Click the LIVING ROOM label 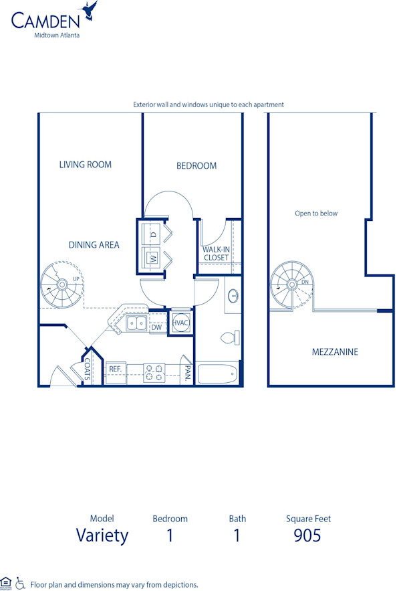[85, 165]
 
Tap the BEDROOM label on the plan [196, 166]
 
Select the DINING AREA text [94, 245]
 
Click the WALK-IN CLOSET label [216, 254]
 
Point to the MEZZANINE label [335, 352]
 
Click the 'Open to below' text [316, 214]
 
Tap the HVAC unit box [181, 323]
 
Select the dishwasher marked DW [157, 327]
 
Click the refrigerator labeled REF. [115, 369]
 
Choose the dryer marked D [153, 234]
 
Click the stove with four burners [154, 372]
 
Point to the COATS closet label [88, 369]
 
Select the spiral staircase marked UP [62, 285]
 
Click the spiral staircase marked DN [291, 284]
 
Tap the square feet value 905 [307, 535]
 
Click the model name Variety [102, 535]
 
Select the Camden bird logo [90, 10]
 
